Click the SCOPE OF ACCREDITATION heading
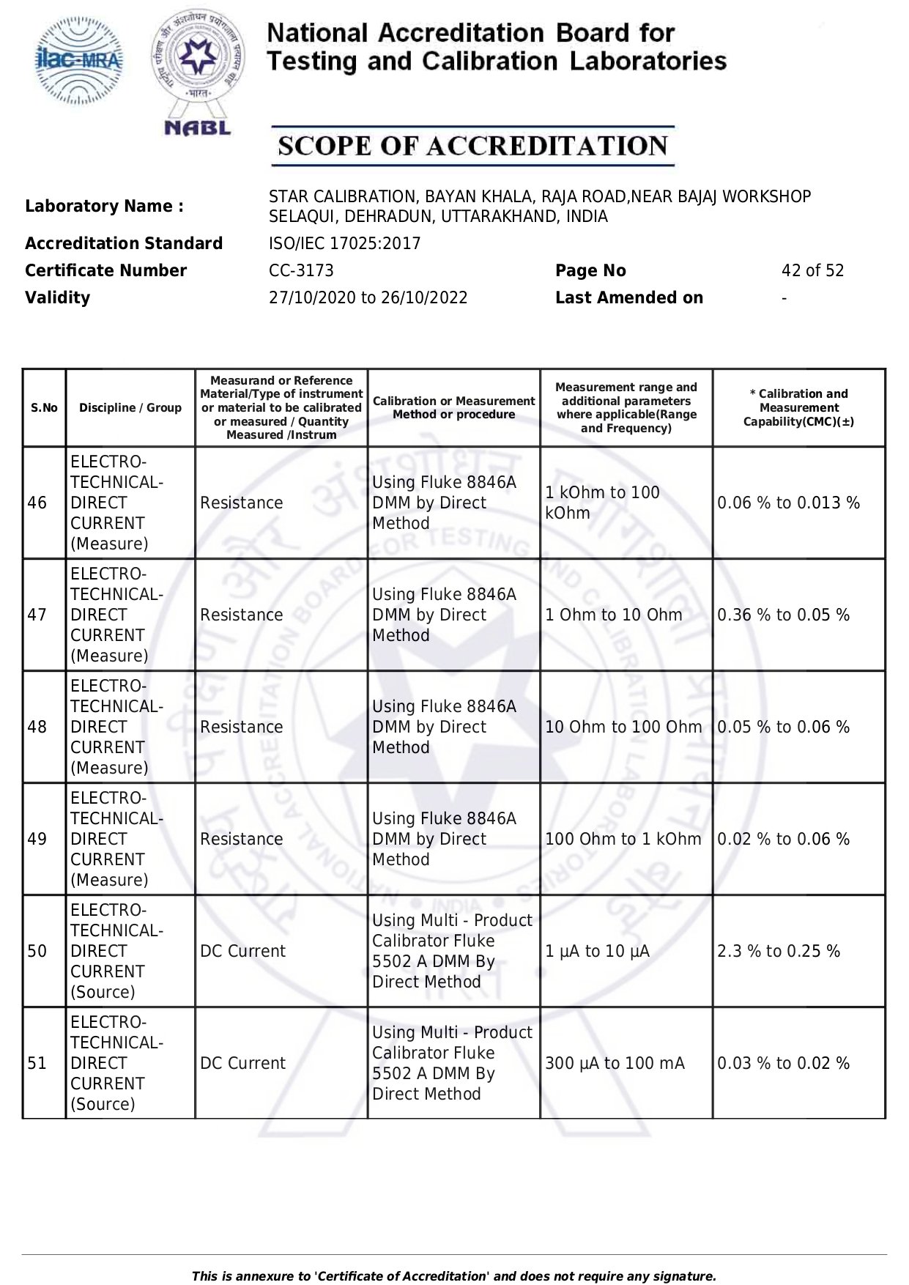(x=472, y=146)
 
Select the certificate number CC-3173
(x=301, y=270)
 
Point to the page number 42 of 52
(x=812, y=270)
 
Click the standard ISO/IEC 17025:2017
(x=344, y=243)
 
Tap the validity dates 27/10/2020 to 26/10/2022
(x=368, y=297)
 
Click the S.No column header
(x=44, y=408)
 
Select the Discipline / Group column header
(x=130, y=408)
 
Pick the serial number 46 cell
(x=37, y=503)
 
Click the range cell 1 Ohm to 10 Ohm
(x=613, y=615)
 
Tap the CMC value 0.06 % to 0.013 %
(x=788, y=503)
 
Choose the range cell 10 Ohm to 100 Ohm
(x=623, y=727)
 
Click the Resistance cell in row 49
(x=241, y=839)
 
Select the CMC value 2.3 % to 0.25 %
(x=778, y=951)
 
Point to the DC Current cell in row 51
(x=242, y=1063)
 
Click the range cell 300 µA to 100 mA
(x=615, y=1063)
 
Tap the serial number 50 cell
(x=37, y=951)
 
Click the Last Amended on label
(x=628, y=297)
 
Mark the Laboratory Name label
(x=104, y=206)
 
